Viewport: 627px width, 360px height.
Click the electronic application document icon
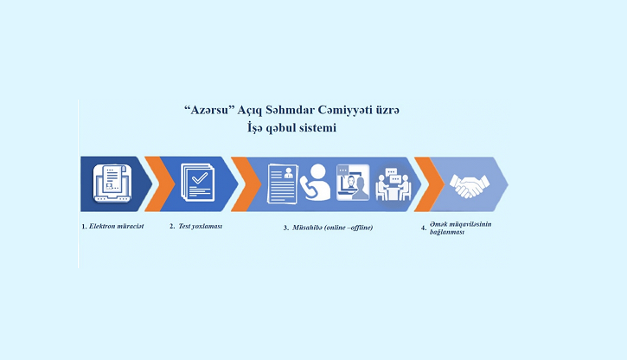pyautogui.click(x=112, y=183)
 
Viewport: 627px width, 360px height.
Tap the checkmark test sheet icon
pyautogui.click(x=198, y=182)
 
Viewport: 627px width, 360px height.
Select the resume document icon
pyautogui.click(x=283, y=183)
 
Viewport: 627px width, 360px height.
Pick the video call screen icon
pyautogui.click(x=353, y=183)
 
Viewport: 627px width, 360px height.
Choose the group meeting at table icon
pyautogui.click(x=393, y=184)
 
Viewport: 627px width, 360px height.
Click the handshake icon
pyautogui.click(x=470, y=186)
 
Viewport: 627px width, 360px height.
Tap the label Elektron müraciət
pyautogui.click(x=116, y=227)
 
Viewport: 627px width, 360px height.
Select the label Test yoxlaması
pyautogui.click(x=200, y=227)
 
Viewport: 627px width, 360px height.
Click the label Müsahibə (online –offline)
pyautogui.click(x=332, y=228)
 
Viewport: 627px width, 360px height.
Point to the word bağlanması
pyautogui.click(x=447, y=232)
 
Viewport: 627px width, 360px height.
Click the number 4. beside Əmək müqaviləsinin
pyautogui.click(x=424, y=228)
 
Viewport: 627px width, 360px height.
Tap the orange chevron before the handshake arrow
pyautogui.click(x=429, y=184)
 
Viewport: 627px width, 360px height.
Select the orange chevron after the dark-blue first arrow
pyautogui.click(x=159, y=184)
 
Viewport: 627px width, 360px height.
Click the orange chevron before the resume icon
pyautogui.click(x=246, y=184)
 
